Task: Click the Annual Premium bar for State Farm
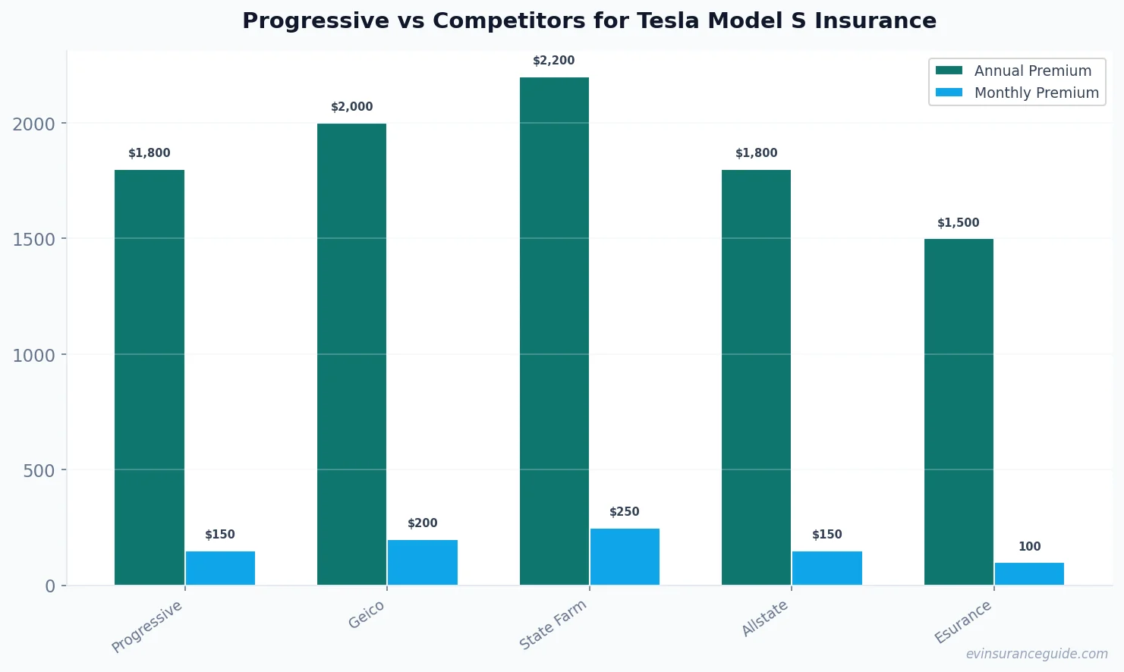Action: click(x=554, y=331)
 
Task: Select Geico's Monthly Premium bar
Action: click(x=423, y=562)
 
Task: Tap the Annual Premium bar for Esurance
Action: click(x=959, y=412)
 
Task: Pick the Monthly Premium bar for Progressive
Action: click(x=220, y=568)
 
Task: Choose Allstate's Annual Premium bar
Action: click(x=756, y=377)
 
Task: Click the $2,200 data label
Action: click(x=554, y=61)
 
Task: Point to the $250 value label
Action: click(x=625, y=512)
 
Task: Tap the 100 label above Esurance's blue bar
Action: click(x=1029, y=547)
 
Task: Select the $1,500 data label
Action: click(x=959, y=223)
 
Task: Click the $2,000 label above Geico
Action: click(x=352, y=107)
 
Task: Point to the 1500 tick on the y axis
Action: click(x=34, y=240)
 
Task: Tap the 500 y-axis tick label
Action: click(x=39, y=471)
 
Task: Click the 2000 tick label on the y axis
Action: click(x=34, y=124)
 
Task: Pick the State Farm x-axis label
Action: click(x=553, y=625)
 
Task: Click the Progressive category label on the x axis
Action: click(x=147, y=626)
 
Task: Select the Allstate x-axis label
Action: click(x=765, y=618)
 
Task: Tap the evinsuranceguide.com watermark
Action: click(x=1037, y=654)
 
